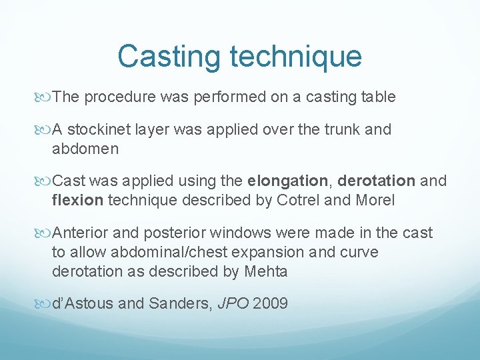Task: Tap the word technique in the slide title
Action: click(x=295, y=57)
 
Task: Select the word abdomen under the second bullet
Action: click(x=85, y=149)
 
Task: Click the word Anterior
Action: click(x=80, y=233)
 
